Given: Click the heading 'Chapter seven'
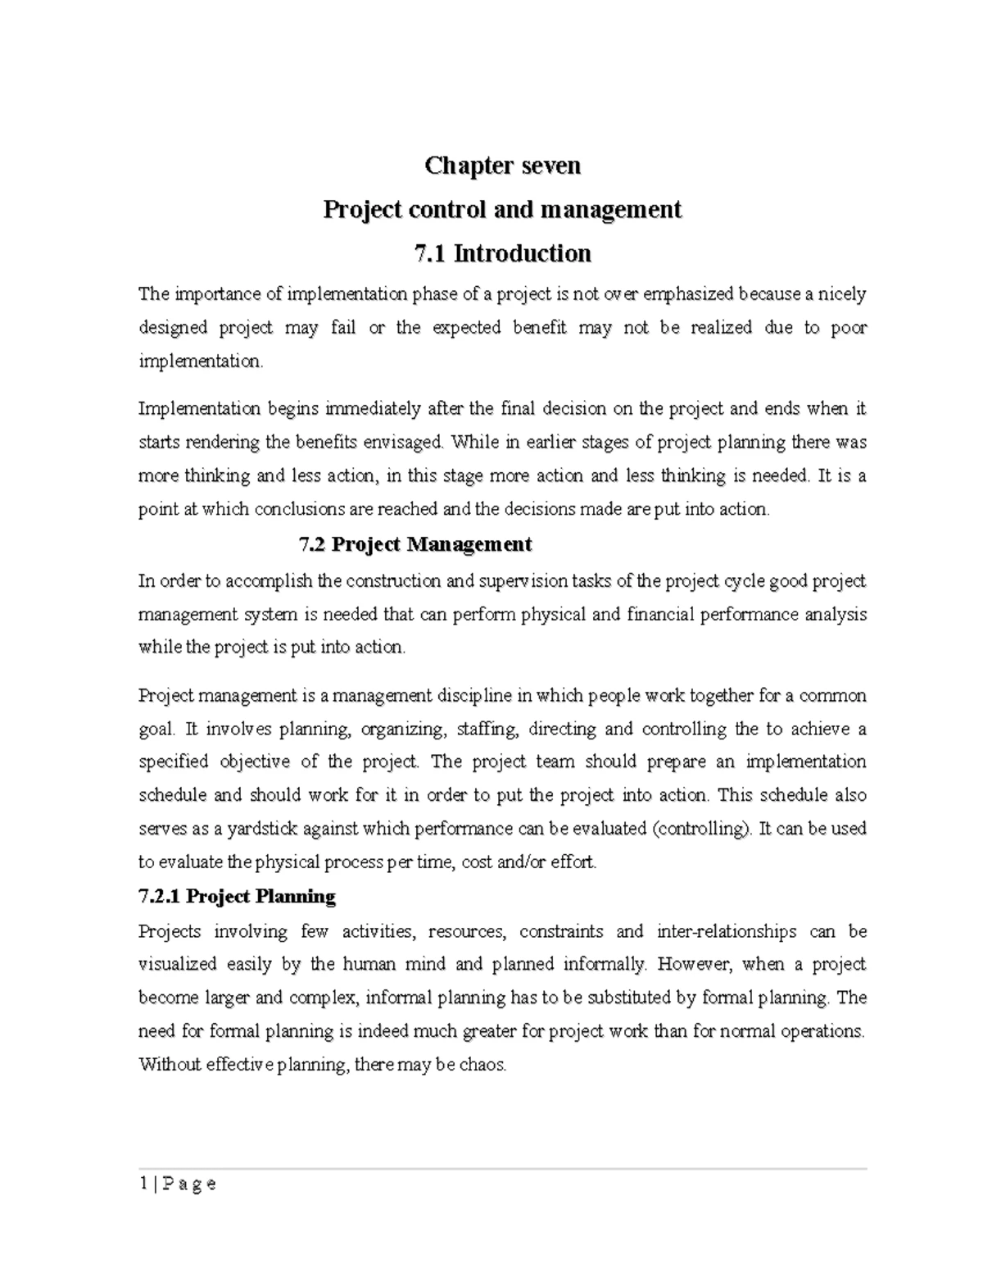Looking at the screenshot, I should pos(502,166).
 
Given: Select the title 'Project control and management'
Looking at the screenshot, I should pos(502,210).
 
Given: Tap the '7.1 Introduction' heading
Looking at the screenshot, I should pos(502,253).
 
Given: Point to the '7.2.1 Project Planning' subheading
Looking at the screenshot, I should pos(238,897).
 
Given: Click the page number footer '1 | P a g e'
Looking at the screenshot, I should pos(178,1184).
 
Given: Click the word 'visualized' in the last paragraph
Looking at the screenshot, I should pos(178,965).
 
